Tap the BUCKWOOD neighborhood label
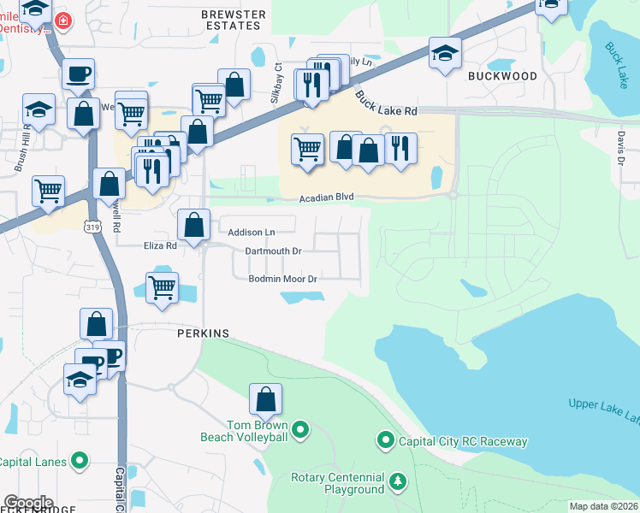point(502,76)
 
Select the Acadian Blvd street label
point(326,198)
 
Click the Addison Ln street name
point(252,232)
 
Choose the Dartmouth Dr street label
point(273,251)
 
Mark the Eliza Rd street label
point(159,245)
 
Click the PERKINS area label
point(203,333)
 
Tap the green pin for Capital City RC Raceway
point(386,441)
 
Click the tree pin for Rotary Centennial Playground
point(397,482)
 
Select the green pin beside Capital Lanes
point(80,462)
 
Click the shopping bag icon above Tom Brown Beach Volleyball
point(266,398)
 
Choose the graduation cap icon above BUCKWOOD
point(445,53)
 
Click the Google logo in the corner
point(27,503)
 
